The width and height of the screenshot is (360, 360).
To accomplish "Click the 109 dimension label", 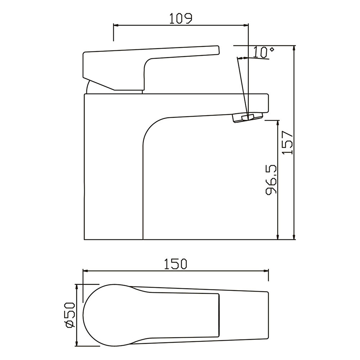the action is [x=180, y=19].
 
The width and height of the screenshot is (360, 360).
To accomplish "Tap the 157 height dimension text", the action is [x=288, y=143].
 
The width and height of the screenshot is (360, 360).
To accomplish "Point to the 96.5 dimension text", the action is [x=271, y=180].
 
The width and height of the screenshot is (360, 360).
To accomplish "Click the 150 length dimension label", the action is [x=176, y=264].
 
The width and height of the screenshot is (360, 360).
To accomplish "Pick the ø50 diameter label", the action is [x=70, y=315].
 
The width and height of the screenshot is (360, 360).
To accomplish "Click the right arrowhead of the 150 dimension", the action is [x=265, y=271].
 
